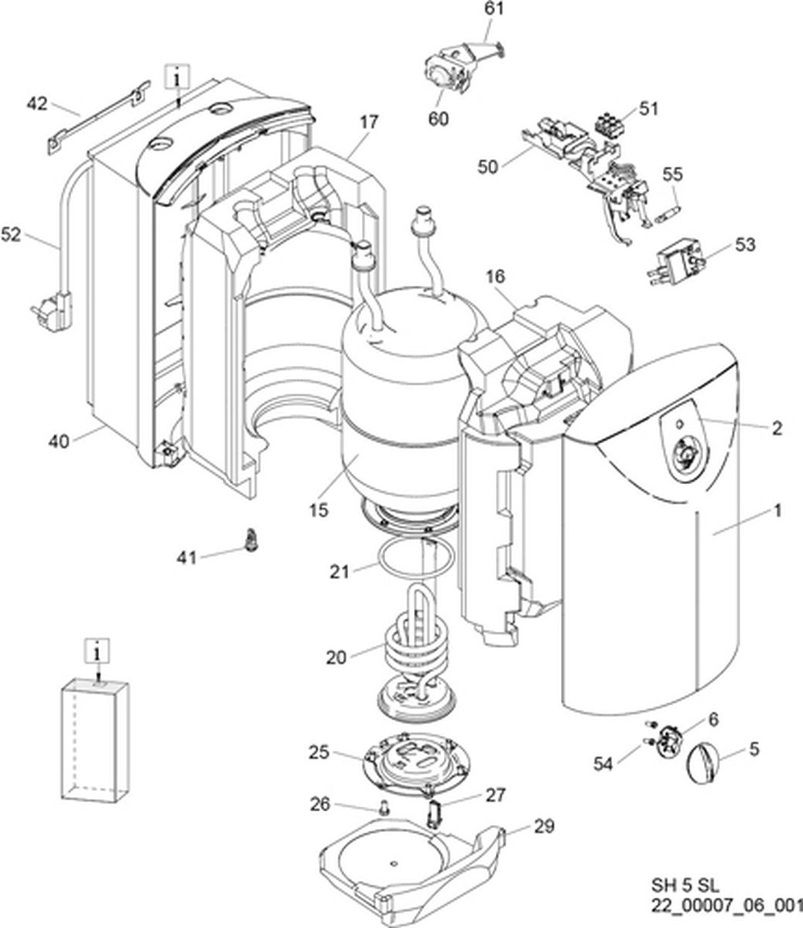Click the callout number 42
37,104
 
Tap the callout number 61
494,9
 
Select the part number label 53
745,244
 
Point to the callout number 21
340,571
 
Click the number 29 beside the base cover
544,826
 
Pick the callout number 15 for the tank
319,510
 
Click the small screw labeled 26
384,809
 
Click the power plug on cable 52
53,305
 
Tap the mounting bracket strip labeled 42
99,118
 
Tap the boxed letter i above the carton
97,653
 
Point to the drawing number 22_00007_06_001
726,906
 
